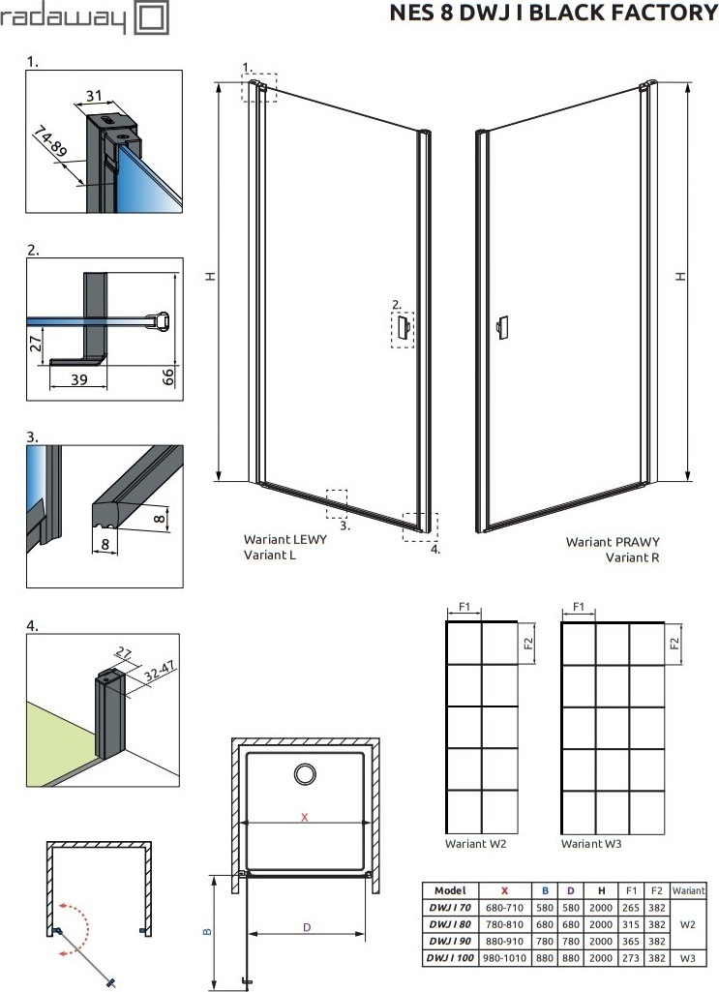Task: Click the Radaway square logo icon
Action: tap(152, 18)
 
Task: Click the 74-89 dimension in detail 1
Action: tap(50, 141)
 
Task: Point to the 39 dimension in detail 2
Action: tap(79, 379)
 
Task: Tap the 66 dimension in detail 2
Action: tap(168, 377)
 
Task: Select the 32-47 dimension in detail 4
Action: tap(160, 671)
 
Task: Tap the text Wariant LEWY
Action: tap(285, 540)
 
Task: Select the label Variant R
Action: tap(632, 557)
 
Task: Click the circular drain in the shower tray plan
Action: tap(306, 773)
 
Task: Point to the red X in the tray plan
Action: tap(305, 818)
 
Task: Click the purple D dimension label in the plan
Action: tap(307, 927)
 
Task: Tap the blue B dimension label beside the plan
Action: tap(206, 931)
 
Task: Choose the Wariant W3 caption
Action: tap(591, 843)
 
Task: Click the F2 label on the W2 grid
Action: tap(529, 644)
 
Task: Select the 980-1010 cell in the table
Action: tap(504, 958)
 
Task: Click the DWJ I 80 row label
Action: tap(450, 924)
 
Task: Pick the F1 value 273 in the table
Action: tap(631, 958)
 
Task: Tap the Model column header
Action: tap(450, 890)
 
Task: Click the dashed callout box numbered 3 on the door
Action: tap(337, 503)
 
